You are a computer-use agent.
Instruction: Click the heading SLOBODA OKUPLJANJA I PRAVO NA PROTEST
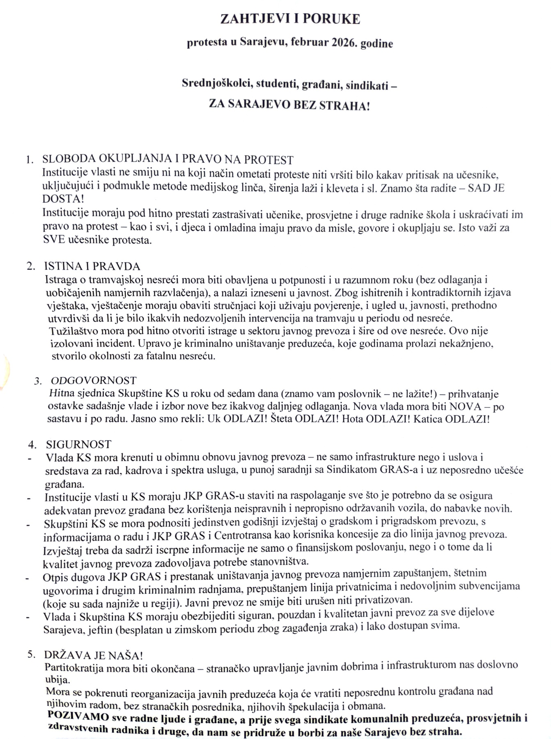click(x=168, y=159)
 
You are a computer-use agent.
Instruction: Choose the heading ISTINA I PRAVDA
click(x=92, y=266)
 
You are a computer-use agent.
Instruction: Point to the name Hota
click(x=354, y=419)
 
